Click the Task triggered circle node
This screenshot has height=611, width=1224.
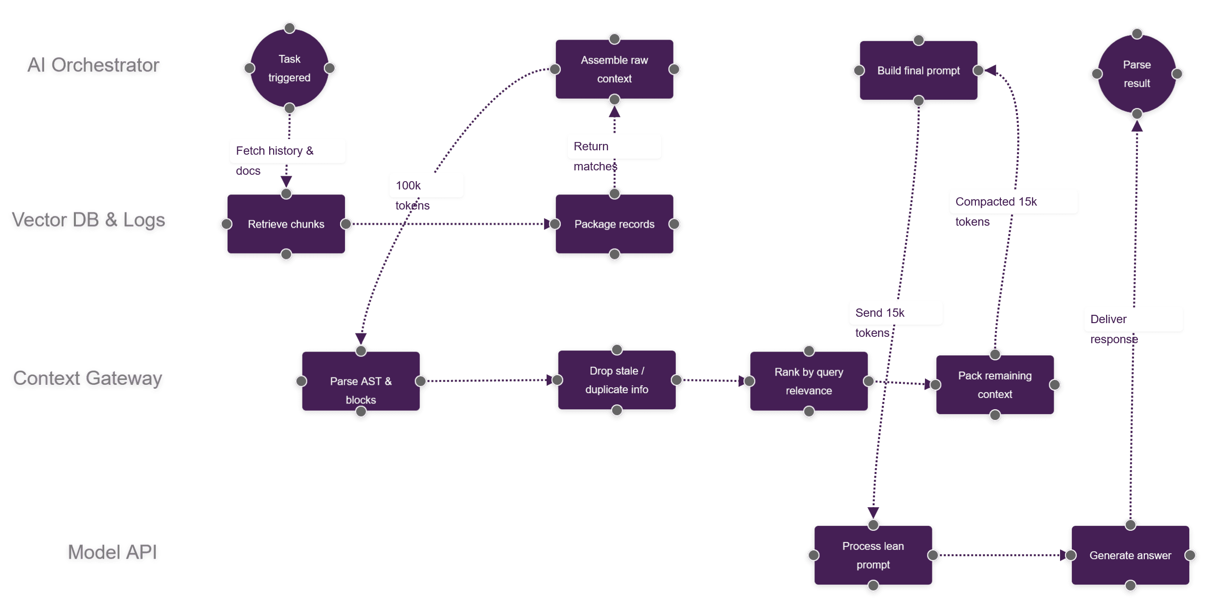[x=289, y=68]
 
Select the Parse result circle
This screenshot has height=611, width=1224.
[x=1136, y=74]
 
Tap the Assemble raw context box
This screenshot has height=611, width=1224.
[x=614, y=69]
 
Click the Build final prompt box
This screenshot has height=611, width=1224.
[x=918, y=70]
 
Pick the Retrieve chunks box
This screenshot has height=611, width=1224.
[x=286, y=224]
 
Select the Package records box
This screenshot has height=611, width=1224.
[x=614, y=224]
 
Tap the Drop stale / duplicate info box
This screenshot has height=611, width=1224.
[x=617, y=380]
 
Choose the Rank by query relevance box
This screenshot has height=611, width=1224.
[x=808, y=381]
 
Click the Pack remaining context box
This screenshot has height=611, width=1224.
[x=994, y=385]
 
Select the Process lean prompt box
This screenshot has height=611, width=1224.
[x=873, y=555]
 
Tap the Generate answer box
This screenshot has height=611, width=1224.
[x=1130, y=555]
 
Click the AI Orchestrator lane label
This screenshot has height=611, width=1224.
[x=93, y=65]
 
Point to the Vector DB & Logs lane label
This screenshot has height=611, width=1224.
[x=88, y=220]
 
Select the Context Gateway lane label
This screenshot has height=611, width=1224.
[x=88, y=378]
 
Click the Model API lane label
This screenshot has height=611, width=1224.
[x=112, y=552]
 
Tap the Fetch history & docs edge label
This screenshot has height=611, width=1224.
[x=274, y=160]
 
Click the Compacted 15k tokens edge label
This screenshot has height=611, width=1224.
[x=995, y=211]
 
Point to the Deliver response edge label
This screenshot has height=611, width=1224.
[x=1113, y=329]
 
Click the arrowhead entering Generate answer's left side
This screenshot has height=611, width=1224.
[x=1062, y=555]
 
